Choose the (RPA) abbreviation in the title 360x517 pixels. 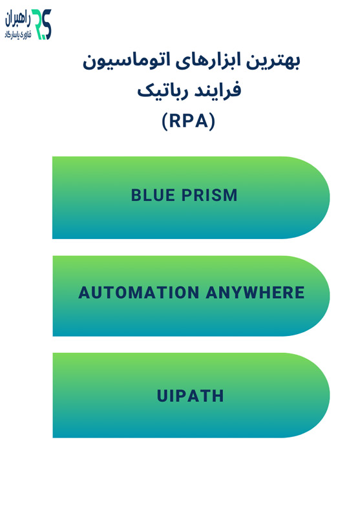click(x=188, y=121)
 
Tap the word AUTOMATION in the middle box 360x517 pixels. click(x=139, y=293)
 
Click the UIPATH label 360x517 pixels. click(x=191, y=396)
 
